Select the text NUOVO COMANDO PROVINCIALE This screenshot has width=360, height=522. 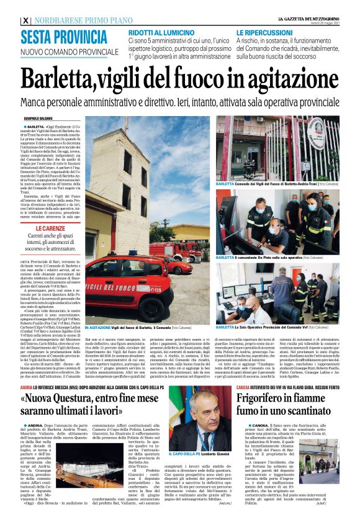coord(61,52)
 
